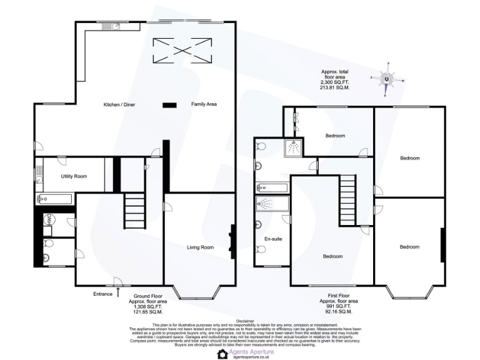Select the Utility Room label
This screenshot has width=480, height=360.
point(74,177)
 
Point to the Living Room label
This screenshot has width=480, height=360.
point(201,247)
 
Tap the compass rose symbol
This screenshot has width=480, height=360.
point(387,79)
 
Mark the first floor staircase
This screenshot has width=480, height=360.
point(347,199)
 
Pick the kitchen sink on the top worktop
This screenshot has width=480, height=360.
point(116,26)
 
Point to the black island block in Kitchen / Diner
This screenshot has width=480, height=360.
point(167,104)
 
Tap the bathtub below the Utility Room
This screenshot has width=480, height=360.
point(55,199)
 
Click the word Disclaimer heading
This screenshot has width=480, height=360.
point(240,320)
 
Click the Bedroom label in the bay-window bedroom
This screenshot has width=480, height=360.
point(409,247)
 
